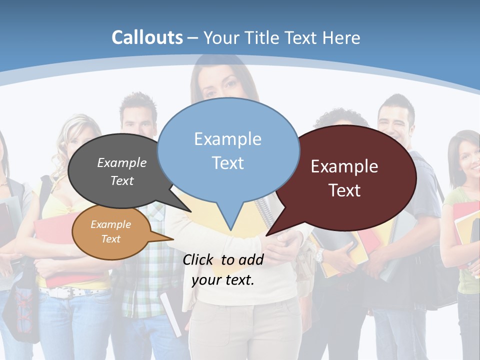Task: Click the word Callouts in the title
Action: [147, 37]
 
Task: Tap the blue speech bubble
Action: [228, 150]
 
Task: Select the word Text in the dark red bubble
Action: [344, 190]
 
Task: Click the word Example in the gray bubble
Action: [122, 162]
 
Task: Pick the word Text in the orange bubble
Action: [111, 239]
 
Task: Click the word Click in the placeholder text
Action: [199, 259]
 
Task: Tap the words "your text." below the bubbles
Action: [223, 280]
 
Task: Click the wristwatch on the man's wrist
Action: [319, 255]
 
